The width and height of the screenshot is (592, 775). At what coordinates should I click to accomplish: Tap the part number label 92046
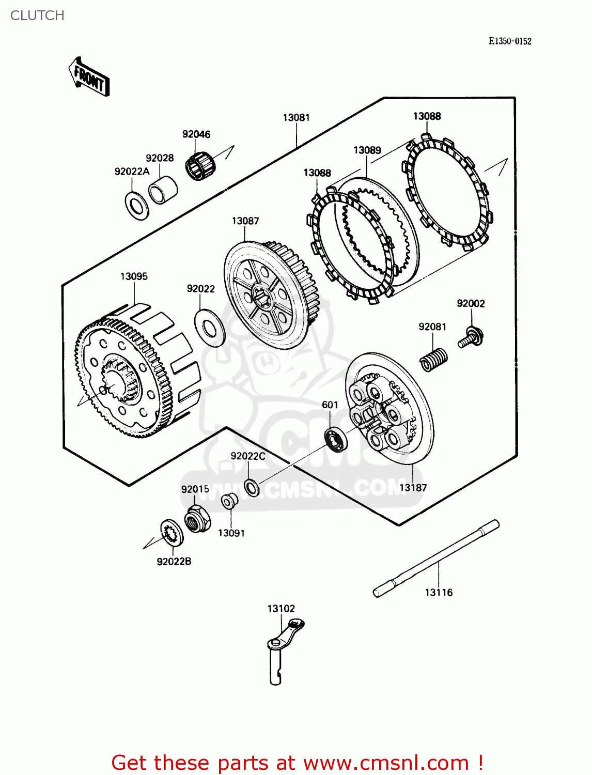196,134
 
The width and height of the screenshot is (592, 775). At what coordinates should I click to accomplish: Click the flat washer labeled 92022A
137,205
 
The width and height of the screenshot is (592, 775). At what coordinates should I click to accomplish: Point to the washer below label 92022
209,328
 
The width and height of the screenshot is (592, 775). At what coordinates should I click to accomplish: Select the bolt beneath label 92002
471,337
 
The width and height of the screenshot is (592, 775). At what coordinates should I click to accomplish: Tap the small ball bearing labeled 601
336,439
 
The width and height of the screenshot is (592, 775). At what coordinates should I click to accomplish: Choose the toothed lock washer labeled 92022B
172,532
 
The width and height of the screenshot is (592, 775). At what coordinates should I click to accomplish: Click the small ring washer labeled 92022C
252,487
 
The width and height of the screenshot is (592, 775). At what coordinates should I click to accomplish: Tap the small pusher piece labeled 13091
229,501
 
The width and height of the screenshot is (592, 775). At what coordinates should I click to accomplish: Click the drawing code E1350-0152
510,41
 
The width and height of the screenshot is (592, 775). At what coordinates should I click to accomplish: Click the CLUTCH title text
37,16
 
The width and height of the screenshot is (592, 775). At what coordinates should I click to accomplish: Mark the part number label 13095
134,276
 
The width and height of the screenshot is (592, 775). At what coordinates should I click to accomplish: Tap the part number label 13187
413,487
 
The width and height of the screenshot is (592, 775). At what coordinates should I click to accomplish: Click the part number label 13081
296,118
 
